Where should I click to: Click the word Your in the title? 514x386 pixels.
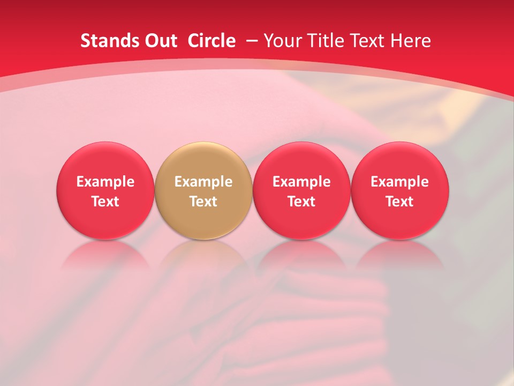(x=282, y=41)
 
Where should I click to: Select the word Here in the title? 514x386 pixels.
(x=410, y=41)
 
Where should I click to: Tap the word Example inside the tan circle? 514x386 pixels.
(x=203, y=182)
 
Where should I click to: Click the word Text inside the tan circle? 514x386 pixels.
(x=203, y=202)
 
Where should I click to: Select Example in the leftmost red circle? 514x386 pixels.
(x=105, y=182)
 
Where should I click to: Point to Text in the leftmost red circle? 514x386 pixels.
(x=105, y=202)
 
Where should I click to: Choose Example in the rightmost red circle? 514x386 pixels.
(x=400, y=182)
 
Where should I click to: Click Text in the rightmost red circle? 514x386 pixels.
(x=400, y=202)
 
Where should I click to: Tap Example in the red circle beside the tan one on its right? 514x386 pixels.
(x=301, y=182)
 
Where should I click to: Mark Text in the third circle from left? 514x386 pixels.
(x=301, y=202)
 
